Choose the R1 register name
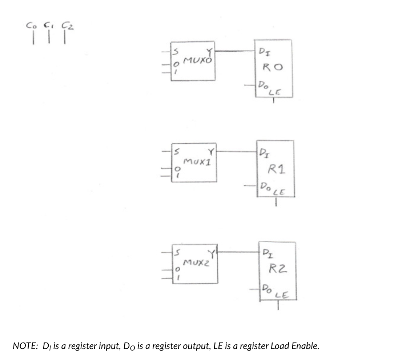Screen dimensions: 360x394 click(x=276, y=169)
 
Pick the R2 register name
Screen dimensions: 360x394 click(x=278, y=269)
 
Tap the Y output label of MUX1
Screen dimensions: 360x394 click(x=210, y=151)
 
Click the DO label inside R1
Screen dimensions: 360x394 click(x=263, y=186)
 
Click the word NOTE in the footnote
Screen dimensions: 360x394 click(x=25, y=345)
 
